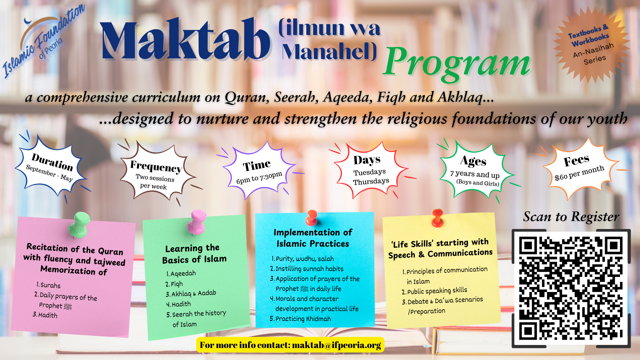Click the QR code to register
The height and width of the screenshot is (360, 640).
(x=571, y=288)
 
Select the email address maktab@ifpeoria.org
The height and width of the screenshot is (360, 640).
(x=336, y=345)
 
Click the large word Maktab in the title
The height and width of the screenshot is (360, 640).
(x=186, y=40)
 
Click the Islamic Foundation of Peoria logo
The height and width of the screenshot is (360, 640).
(x=44, y=41)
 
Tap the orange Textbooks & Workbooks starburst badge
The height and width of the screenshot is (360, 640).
(x=591, y=44)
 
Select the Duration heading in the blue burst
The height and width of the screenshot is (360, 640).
(x=52, y=162)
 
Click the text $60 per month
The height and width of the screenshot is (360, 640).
(x=579, y=173)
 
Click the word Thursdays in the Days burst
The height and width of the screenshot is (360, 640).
(x=371, y=181)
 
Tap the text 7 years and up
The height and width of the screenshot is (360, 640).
(x=475, y=174)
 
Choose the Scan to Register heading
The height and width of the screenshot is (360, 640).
(x=571, y=217)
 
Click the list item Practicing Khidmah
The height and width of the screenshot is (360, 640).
(x=300, y=319)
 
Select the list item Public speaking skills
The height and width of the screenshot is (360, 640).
(x=434, y=291)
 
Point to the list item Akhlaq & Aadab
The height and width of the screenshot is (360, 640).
(x=191, y=294)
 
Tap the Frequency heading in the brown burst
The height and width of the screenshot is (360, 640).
(x=156, y=166)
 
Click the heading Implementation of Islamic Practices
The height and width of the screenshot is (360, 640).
(x=313, y=238)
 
